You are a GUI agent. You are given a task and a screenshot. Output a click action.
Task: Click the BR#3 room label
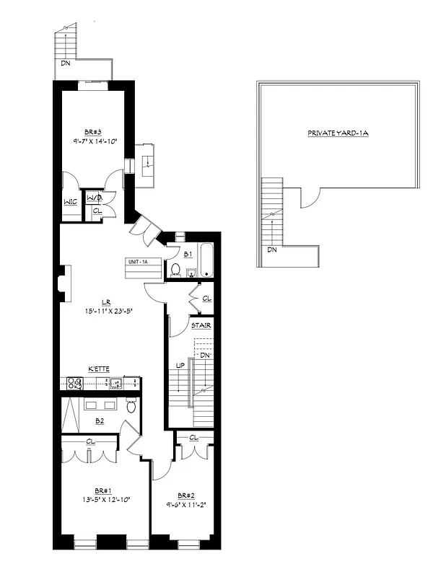click(x=92, y=132)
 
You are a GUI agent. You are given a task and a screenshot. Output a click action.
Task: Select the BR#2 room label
click(x=185, y=495)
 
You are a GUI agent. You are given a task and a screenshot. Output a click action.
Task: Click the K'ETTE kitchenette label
click(x=99, y=369)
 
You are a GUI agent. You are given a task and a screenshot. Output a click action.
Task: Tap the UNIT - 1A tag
click(x=138, y=261)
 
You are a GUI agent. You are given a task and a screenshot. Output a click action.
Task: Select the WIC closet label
click(x=71, y=202)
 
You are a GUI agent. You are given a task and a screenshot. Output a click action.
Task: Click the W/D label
click(x=95, y=198)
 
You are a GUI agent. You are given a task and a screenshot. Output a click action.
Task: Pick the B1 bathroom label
click(x=188, y=255)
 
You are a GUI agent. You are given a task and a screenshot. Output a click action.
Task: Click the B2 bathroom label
click(x=100, y=420)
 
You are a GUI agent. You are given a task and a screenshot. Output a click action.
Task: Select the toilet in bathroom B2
click(x=131, y=405)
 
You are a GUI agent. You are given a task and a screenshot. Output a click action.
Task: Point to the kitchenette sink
click(x=111, y=384)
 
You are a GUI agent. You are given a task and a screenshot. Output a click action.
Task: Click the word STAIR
click(x=200, y=326)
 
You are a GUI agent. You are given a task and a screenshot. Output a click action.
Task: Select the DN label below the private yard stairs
click(x=272, y=250)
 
